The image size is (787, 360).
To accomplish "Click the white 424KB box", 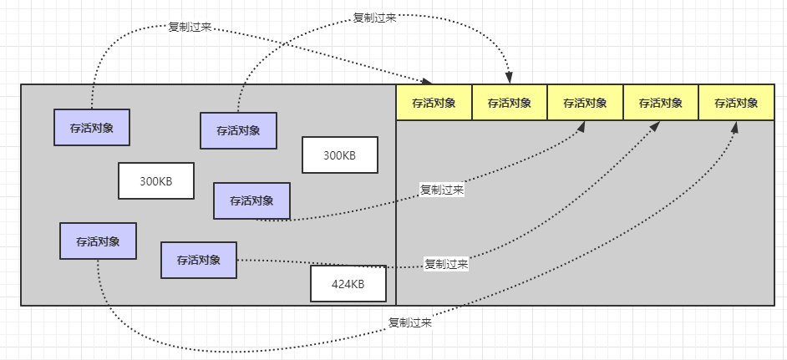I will [x=348, y=284].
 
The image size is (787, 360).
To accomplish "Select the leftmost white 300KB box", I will [x=156, y=181].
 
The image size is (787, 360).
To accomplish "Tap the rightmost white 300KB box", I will [x=340, y=155].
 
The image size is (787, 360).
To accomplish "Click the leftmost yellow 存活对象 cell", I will [x=434, y=103].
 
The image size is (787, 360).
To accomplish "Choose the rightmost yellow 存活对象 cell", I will [x=736, y=103].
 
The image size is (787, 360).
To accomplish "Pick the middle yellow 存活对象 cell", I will [x=585, y=103].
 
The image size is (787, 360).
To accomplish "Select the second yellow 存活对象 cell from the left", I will [x=510, y=103].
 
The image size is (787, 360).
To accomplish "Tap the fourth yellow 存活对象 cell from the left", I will [x=661, y=103].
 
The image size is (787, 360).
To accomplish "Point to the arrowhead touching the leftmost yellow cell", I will [x=427, y=81].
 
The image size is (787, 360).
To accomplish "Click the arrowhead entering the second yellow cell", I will [x=509, y=79].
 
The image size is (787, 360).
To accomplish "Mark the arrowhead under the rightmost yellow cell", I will [x=734, y=126].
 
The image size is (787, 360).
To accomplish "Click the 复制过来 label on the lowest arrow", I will [x=410, y=322].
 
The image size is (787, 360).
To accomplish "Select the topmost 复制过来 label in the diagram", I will [x=374, y=17].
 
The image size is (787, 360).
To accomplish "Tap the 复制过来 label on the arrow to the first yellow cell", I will [x=190, y=27].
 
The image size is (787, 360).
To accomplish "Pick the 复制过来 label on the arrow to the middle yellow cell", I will [x=443, y=190].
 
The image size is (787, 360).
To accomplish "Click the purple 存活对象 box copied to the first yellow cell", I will [x=92, y=127].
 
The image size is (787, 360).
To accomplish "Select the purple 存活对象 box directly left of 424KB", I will [x=199, y=260].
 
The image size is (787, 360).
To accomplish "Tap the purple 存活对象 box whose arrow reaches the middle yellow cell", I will [x=252, y=200].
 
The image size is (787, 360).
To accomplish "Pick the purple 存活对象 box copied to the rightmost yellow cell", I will [x=98, y=241].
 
